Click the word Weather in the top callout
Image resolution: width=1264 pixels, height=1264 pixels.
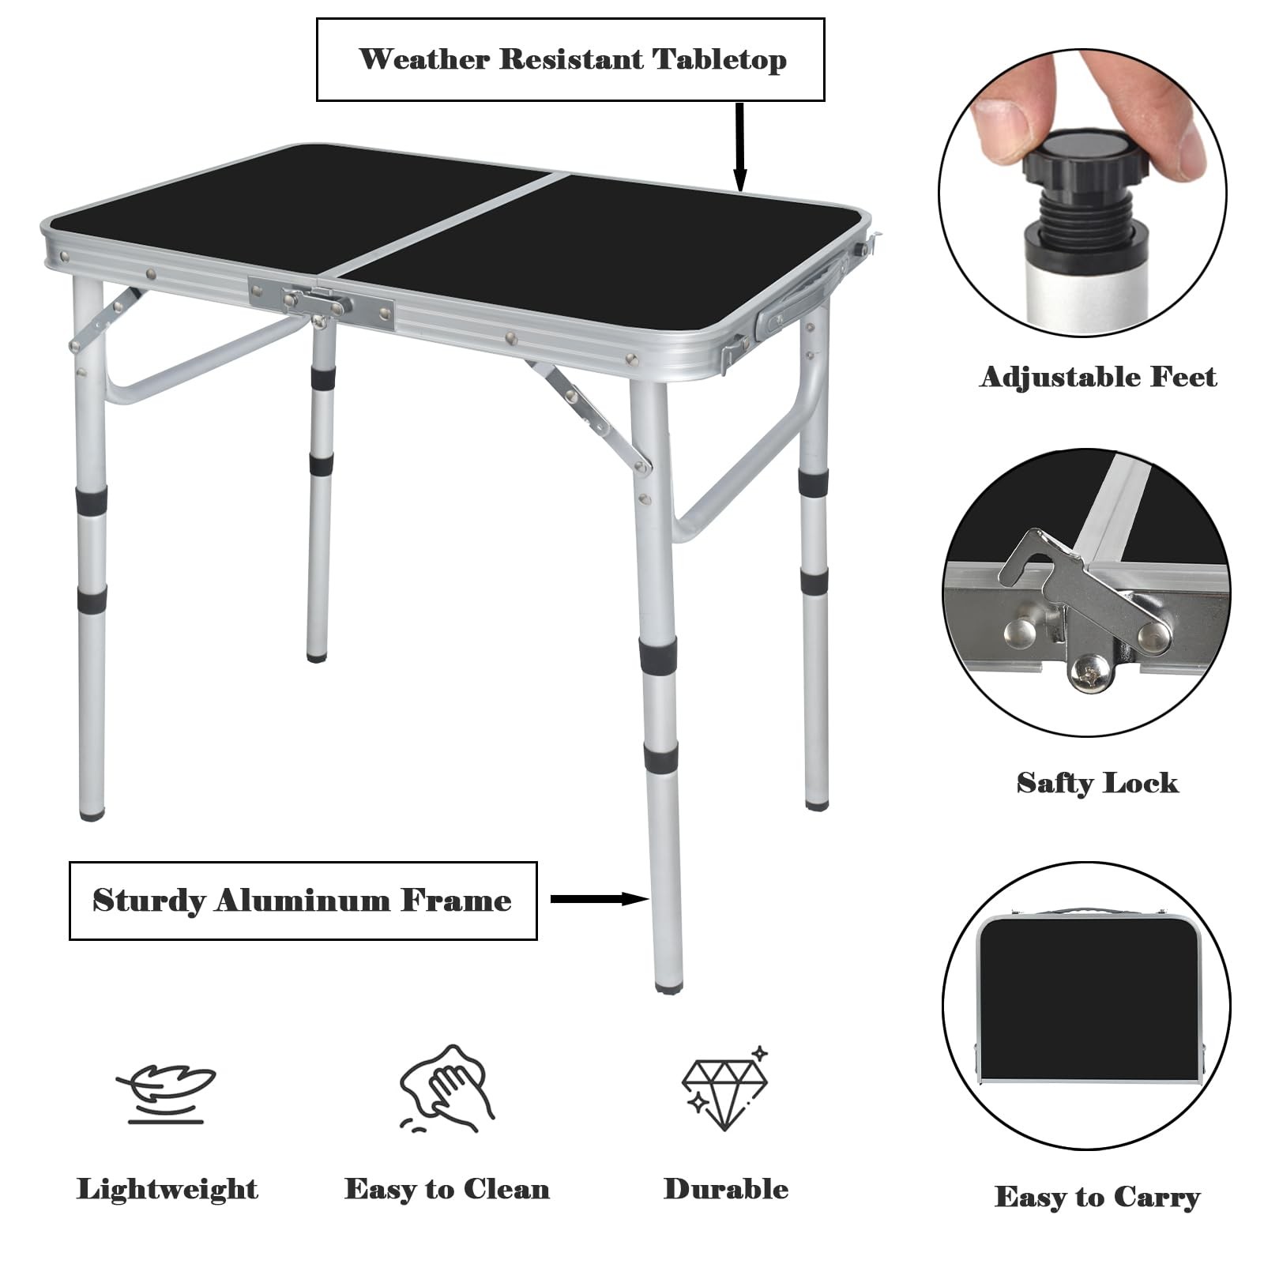click(x=424, y=59)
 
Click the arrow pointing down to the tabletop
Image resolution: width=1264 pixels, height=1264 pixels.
click(x=740, y=147)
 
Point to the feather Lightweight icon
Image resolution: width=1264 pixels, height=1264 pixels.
click(x=167, y=1093)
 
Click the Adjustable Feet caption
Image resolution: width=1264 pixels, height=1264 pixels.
click(x=1098, y=378)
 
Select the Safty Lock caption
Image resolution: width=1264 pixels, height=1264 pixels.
click(x=1097, y=783)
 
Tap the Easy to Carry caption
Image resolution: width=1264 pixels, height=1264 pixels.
click(x=1097, y=1197)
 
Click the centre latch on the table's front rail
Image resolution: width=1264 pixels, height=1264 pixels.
click(x=319, y=303)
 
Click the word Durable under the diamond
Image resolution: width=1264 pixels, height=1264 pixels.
click(x=726, y=1189)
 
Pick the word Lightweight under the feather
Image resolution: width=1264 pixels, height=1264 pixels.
click(x=167, y=1190)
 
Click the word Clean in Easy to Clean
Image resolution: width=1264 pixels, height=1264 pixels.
click(x=506, y=1189)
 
